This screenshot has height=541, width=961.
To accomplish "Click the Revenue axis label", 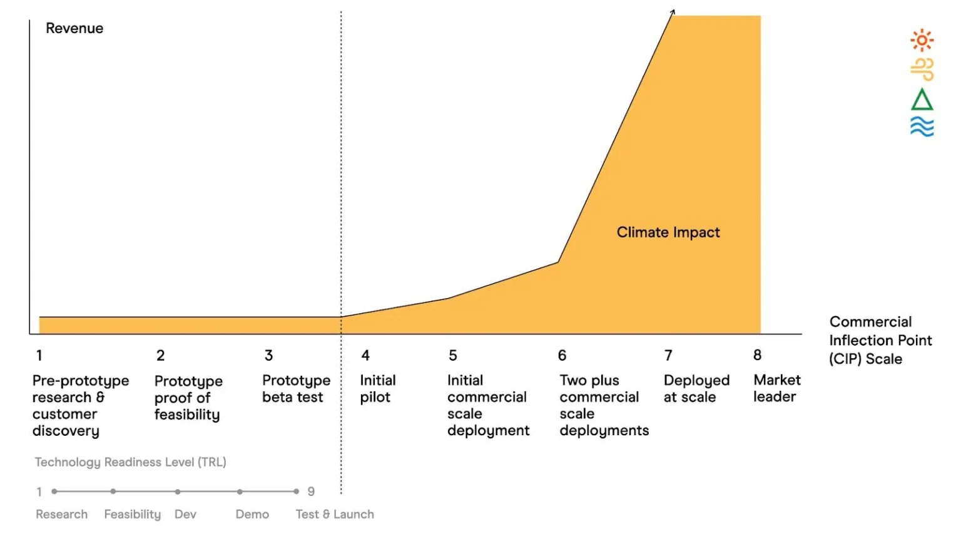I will coord(74,28).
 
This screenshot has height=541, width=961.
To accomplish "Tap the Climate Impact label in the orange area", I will coord(668,232).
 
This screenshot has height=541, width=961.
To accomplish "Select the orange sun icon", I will coord(922,41).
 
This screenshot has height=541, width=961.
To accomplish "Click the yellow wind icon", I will coord(922,69).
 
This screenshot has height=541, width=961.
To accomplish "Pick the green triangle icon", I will coord(922,100).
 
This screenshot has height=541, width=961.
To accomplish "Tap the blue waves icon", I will coord(922,126).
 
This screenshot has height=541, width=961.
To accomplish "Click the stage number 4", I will coord(365,356).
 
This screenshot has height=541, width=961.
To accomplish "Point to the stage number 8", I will coord(757,355).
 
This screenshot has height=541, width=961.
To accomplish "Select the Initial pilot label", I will coord(377,389).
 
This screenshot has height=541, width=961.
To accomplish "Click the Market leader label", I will coord(776,388).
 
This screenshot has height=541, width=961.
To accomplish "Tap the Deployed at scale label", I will coord(696,389).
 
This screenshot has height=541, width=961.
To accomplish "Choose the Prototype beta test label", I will coord(296,389).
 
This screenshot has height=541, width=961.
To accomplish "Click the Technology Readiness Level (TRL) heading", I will coord(130,462).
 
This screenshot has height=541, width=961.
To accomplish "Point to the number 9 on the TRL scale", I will coord(311,492).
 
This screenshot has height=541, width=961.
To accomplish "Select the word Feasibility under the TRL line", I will coord(132,514).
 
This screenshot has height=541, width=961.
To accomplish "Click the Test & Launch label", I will coord(335,514).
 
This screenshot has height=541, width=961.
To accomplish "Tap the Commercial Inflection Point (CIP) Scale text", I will coord(880,340).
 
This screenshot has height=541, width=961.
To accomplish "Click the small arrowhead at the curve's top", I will coord(673,11).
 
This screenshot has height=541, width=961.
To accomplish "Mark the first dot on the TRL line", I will coord(54,492).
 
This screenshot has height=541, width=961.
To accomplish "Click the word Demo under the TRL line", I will coord(252,514).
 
